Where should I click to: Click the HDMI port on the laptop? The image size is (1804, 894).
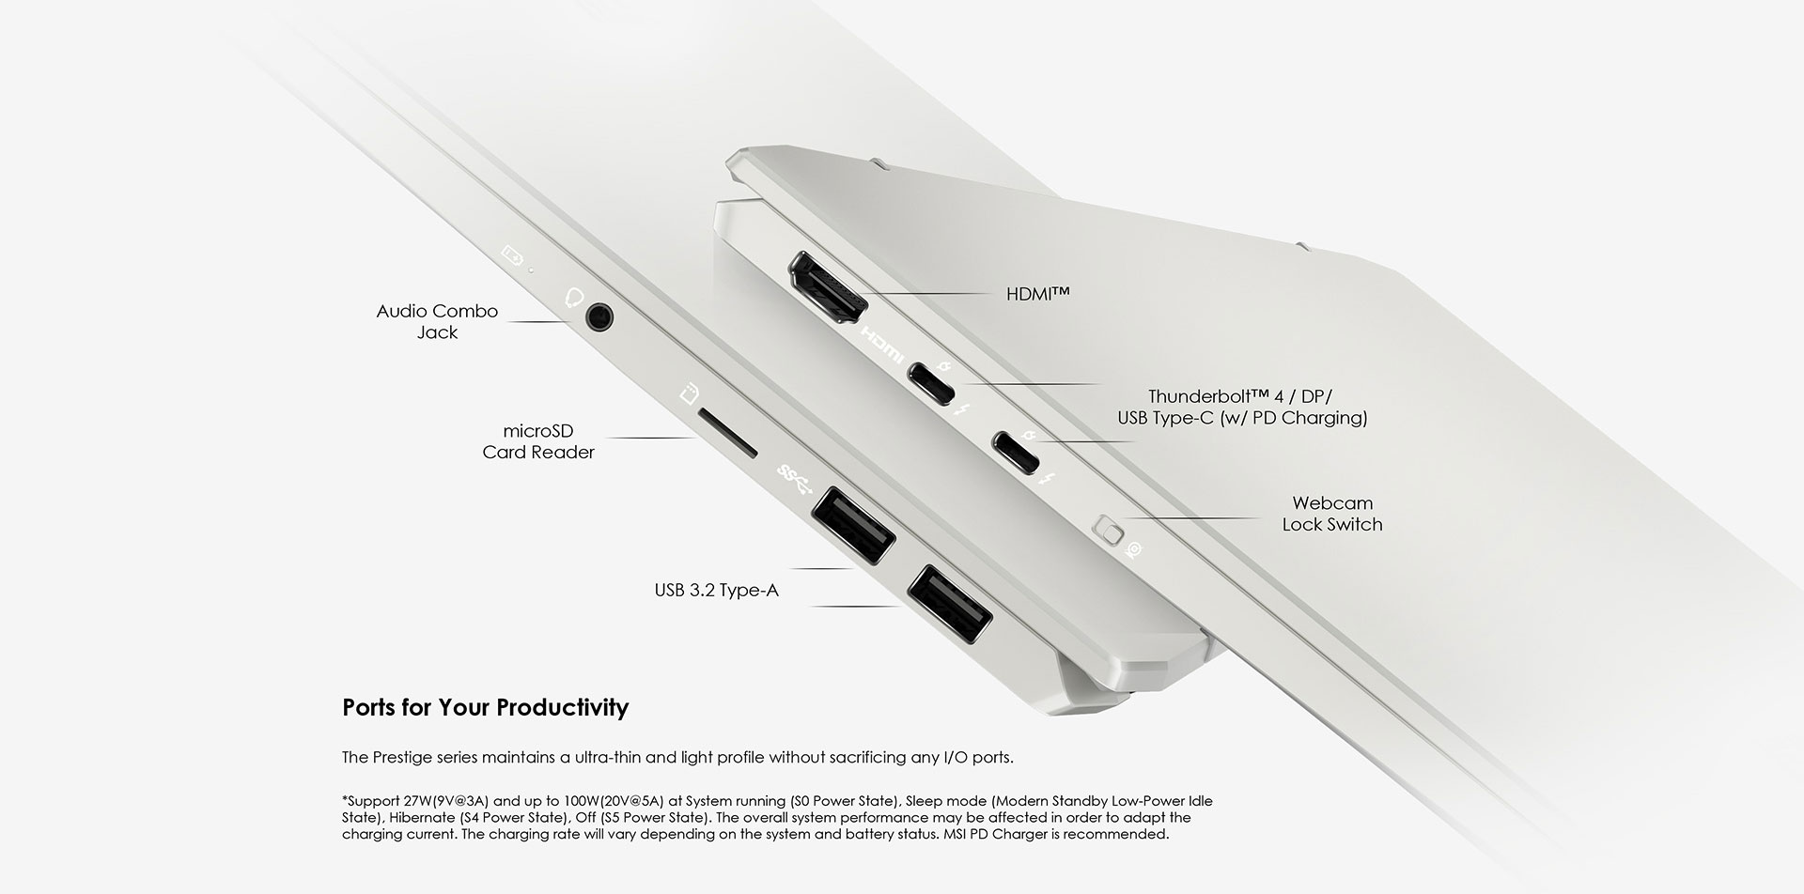coord(828,291)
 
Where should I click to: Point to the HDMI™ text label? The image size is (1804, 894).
coord(1037,294)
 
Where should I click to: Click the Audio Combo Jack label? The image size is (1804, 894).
coord(437,321)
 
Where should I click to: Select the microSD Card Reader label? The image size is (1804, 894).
coord(538,441)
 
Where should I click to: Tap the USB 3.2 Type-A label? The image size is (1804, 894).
coord(716,591)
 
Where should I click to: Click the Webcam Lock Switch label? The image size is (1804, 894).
coord(1331,514)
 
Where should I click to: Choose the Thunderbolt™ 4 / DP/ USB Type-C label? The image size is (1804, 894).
coord(1241,408)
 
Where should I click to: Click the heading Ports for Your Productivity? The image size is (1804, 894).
coord(485,707)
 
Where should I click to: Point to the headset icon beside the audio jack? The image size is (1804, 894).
coord(574,297)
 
